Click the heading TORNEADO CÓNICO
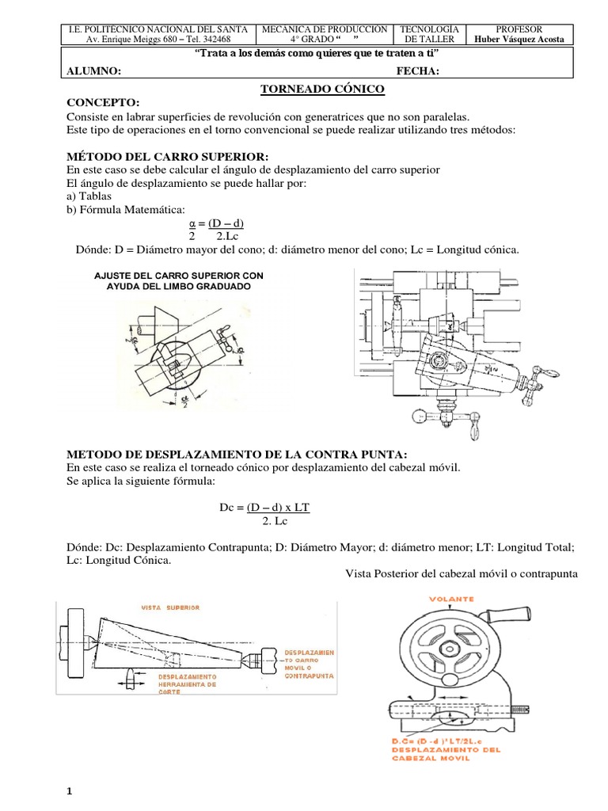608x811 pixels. tap(322, 89)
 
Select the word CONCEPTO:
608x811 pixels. tap(102, 103)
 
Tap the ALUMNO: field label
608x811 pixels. tap(93, 71)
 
